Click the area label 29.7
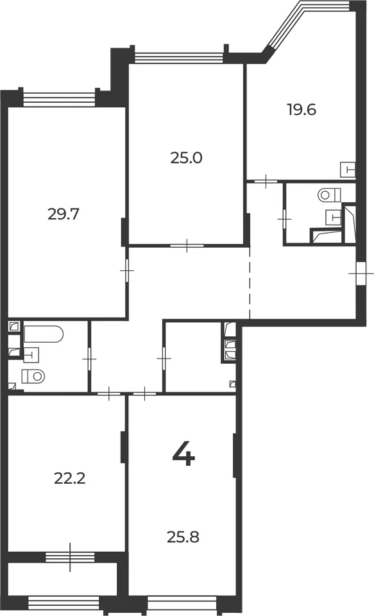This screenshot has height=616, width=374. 64,214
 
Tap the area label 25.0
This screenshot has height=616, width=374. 186,158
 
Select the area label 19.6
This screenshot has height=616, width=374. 302,110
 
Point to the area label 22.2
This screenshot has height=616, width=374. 69,479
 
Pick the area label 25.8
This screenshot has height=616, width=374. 183,536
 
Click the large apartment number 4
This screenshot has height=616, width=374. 183,453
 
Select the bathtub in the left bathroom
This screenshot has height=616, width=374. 43,334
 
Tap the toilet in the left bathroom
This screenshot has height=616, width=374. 33,377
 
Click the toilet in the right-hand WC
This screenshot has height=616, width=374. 329,194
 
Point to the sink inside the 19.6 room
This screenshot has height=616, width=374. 348,169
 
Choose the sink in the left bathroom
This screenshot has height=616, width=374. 31,355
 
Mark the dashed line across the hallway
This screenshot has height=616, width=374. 250,283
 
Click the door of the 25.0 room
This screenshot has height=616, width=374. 187,246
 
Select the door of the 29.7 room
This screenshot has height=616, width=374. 127,271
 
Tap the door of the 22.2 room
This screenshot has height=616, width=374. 109,393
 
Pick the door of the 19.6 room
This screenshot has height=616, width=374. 266,182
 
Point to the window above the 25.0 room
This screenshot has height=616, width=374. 179,58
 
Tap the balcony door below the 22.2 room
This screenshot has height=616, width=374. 71,557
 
